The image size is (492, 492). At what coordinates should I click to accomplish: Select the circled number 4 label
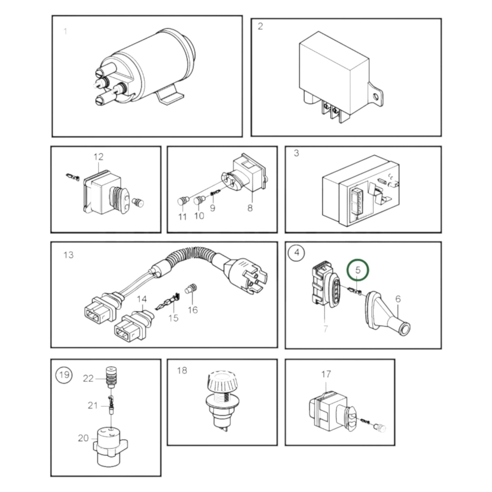(297, 253)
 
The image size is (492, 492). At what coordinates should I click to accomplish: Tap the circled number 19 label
(64, 375)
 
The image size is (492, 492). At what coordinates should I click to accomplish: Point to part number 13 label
(68, 255)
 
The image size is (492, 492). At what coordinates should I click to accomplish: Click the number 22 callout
(88, 378)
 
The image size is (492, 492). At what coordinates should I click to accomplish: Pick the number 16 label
(193, 310)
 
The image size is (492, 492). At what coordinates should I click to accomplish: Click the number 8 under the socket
(250, 208)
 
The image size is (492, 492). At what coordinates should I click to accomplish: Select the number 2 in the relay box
(260, 26)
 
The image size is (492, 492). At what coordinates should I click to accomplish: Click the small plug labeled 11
(183, 201)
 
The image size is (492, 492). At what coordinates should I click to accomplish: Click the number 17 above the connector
(326, 374)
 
